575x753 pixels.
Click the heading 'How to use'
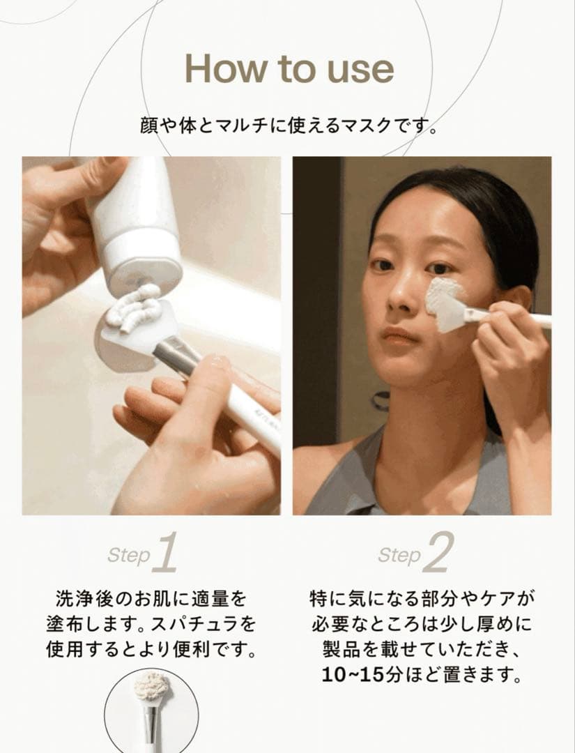(x=289, y=68)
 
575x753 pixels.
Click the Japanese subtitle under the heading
(x=288, y=127)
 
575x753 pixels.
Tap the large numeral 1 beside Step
(x=164, y=554)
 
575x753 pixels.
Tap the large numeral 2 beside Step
(x=438, y=554)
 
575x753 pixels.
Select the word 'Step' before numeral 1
(x=128, y=556)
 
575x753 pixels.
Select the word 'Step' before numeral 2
(x=399, y=556)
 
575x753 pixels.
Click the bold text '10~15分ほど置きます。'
(x=422, y=675)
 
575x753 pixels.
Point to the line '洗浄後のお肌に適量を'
(x=151, y=598)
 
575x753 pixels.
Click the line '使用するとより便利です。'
(x=151, y=650)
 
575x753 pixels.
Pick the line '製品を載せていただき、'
(x=422, y=650)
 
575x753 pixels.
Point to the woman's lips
(x=399, y=337)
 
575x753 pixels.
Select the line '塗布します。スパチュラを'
(x=151, y=624)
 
